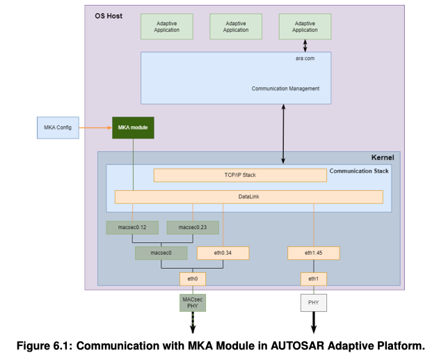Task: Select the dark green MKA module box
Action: (x=133, y=127)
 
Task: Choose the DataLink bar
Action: (x=248, y=197)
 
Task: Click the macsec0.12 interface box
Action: (x=133, y=227)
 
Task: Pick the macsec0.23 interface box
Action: (x=193, y=227)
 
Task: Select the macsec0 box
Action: (x=161, y=253)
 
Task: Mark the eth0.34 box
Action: (x=223, y=253)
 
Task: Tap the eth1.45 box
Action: (x=314, y=253)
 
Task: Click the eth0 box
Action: (x=193, y=279)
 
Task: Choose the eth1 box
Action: (x=314, y=279)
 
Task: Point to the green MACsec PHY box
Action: (x=193, y=303)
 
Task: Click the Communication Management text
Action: (x=285, y=88)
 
